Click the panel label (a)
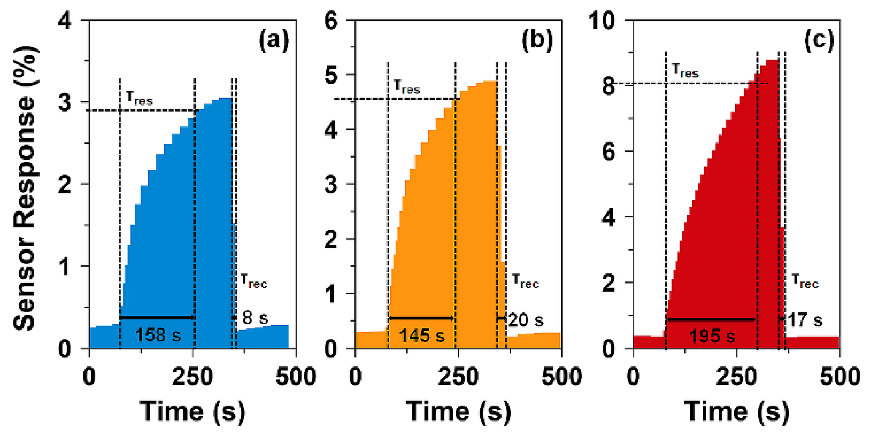coord(274,40)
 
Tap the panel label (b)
coord(537,40)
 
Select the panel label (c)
coord(819,40)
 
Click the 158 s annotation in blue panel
coord(158,335)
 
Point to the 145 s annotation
coord(421,336)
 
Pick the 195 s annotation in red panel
coord(712,336)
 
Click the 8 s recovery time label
coord(255,318)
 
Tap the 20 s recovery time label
coord(526,320)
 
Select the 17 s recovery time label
coord(805,320)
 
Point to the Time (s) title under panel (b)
coord(458,411)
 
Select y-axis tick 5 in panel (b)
coord(331,75)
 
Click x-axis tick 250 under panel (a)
coord(192,376)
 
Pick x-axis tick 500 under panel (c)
coord(839,376)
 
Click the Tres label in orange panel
coord(407,86)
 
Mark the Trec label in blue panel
coord(254,281)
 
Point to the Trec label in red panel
coord(805,281)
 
